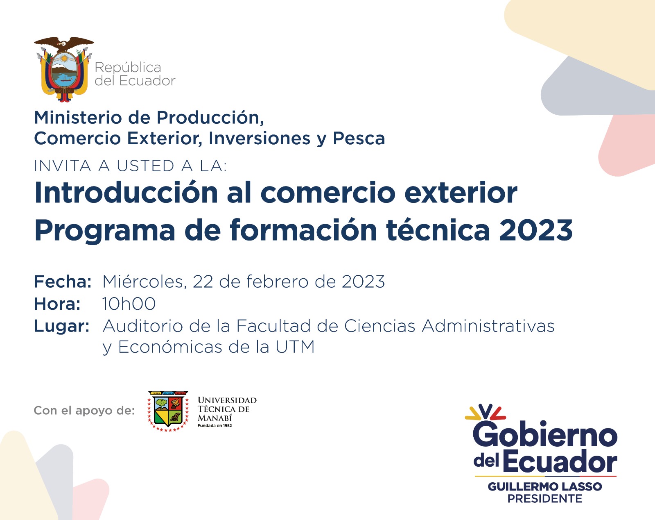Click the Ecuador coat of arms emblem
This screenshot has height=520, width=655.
[64, 69]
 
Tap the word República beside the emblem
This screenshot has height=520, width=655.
[128, 68]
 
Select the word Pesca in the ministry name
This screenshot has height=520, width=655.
[359, 139]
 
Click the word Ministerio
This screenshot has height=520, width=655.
[78, 118]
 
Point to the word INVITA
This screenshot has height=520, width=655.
[63, 166]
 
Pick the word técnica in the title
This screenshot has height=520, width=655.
[438, 229]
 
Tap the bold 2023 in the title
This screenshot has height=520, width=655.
[536, 230]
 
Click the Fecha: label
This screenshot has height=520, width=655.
[63, 282]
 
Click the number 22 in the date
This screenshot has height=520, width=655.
[203, 282]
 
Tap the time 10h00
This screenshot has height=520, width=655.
[129, 304]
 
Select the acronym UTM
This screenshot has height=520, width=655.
[295, 347]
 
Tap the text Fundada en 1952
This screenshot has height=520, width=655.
[215, 426]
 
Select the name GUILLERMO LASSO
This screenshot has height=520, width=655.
[545, 486]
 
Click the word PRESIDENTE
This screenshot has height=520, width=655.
[545, 499]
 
